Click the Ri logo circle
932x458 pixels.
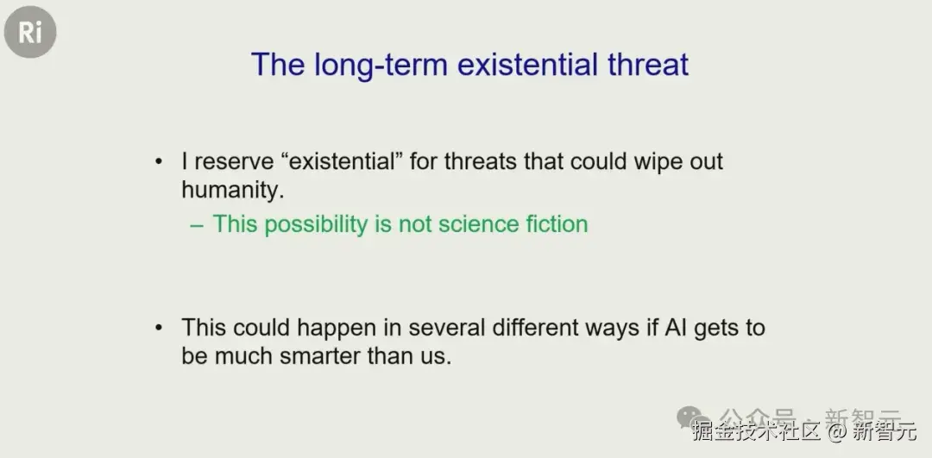pyautogui.click(x=30, y=33)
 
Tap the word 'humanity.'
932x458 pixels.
pyautogui.click(x=230, y=191)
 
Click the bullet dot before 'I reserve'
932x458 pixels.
pyautogui.click(x=158, y=161)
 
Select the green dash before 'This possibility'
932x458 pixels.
pyautogui.click(x=197, y=225)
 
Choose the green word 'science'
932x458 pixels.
pyautogui.click(x=477, y=224)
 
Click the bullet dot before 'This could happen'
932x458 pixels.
pyautogui.click(x=158, y=327)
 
